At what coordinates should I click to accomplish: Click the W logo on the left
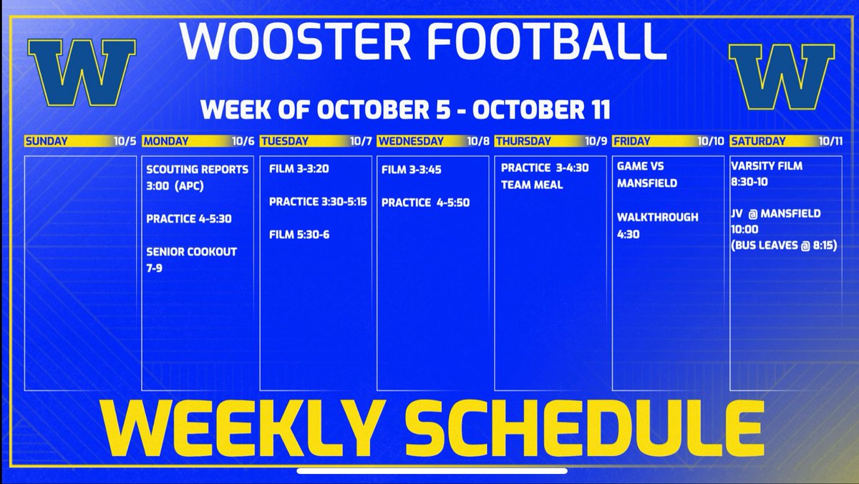[x=82, y=73]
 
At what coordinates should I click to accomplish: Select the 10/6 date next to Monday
[x=243, y=142]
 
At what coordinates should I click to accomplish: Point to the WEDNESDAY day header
[x=411, y=142]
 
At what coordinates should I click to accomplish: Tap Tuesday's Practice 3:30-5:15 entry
[x=318, y=202]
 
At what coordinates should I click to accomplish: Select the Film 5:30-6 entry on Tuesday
[x=299, y=234]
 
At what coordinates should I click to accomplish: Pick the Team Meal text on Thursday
[x=532, y=184]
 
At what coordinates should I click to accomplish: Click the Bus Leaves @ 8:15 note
[x=784, y=246]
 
